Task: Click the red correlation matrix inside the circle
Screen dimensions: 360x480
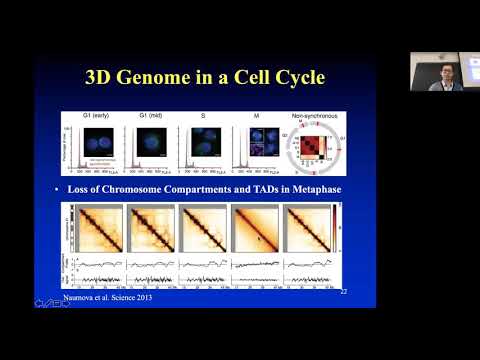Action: tap(314, 146)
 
